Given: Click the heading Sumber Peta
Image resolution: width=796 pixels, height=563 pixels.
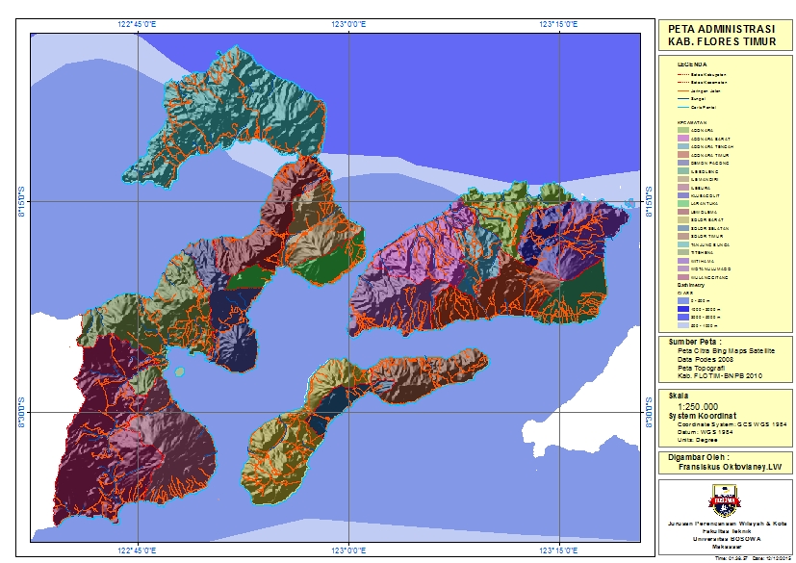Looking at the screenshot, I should [697, 342].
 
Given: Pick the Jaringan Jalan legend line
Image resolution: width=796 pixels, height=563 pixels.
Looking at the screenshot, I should [685, 90].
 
